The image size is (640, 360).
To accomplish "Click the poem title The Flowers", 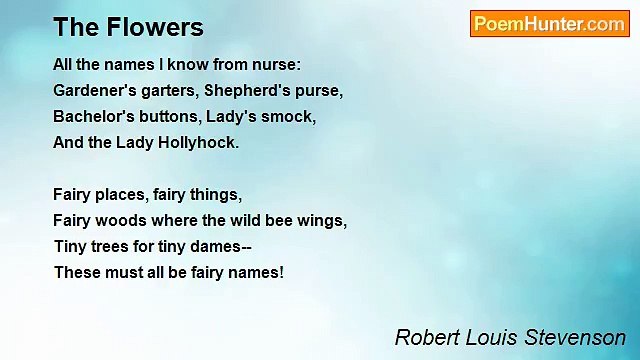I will pos(128,27).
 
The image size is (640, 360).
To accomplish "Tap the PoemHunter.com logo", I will pos(549,24).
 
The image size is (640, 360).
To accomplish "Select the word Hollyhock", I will pos(197,142).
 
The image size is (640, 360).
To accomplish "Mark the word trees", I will pos(112,246).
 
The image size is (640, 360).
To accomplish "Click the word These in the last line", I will pos(76,272).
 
